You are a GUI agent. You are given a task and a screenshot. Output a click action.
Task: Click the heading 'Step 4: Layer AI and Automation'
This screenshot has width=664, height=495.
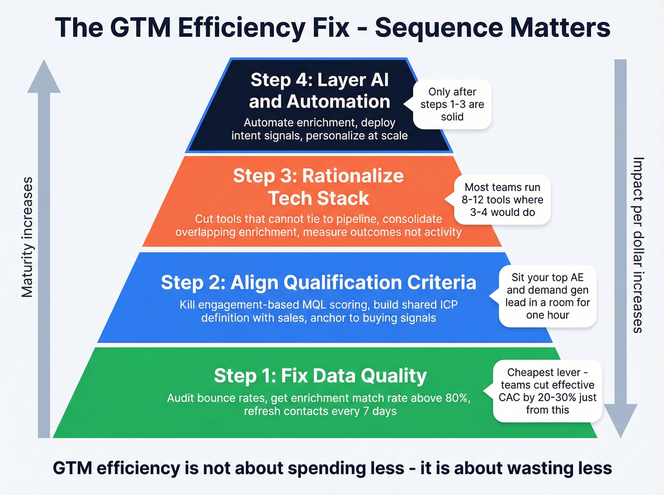tap(319, 90)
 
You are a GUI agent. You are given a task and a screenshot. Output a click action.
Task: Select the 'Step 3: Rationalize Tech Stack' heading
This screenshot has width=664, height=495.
tap(318, 187)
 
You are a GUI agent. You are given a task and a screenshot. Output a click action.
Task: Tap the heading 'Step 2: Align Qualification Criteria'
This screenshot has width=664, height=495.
tap(318, 282)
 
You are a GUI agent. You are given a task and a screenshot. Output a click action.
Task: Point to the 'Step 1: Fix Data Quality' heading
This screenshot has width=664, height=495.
tap(320, 376)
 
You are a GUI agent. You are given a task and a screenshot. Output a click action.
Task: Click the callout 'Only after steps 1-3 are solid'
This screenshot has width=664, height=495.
tap(452, 104)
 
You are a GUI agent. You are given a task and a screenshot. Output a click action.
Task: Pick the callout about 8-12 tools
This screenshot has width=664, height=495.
tap(502, 200)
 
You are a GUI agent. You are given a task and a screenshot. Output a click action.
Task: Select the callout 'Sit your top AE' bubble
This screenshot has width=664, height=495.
tap(547, 296)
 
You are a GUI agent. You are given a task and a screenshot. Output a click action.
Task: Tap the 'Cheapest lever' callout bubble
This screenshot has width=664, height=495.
tap(547, 391)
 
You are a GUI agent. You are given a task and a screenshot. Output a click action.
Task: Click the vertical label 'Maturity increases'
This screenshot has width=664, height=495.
tap(28, 237)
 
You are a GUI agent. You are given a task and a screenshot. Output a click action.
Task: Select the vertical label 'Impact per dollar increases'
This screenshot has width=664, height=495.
tap(638, 245)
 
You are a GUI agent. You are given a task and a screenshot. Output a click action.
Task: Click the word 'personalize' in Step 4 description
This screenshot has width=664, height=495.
tap(334, 136)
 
